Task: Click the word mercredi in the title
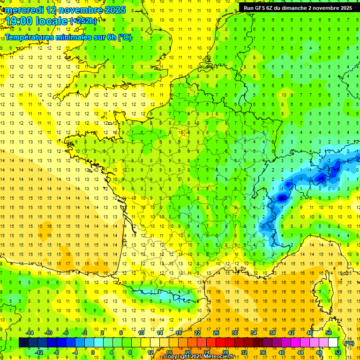(x=22, y=9)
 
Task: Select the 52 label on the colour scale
(x=338, y=352)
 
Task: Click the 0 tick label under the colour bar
(x=93, y=352)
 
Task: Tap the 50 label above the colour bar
(x=329, y=333)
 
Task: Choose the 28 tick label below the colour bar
(x=225, y=352)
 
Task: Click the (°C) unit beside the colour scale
(x=349, y=343)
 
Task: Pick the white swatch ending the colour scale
(x=333, y=343)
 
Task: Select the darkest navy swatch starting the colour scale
(x=23, y=343)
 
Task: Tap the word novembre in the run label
(x=327, y=8)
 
